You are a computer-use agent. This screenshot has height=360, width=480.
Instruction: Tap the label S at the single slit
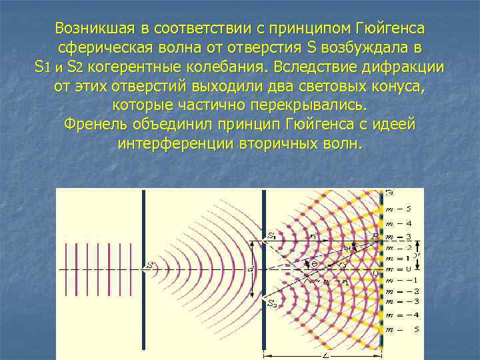[x=150, y=267]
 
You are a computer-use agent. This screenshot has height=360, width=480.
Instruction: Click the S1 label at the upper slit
[x=271, y=235]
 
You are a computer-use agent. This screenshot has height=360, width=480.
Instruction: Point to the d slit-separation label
[x=251, y=269]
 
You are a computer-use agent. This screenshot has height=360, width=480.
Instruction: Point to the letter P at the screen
[x=375, y=235]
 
